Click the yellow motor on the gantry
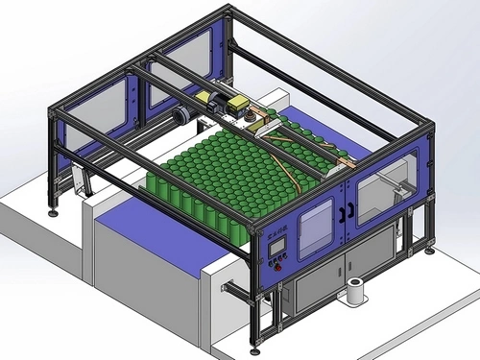234,105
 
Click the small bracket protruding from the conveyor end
230,287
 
